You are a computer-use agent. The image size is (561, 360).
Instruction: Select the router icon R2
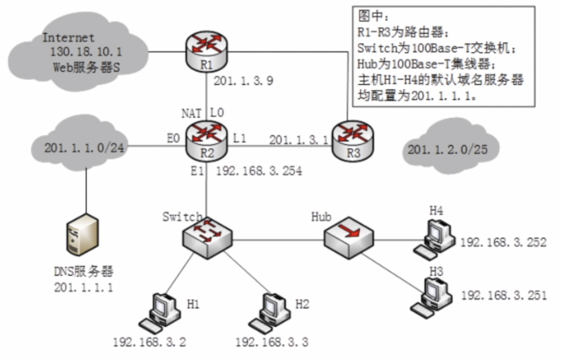(205, 135)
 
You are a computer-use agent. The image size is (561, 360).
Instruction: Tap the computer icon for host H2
(271, 309)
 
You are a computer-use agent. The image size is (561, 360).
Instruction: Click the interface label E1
(195, 171)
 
